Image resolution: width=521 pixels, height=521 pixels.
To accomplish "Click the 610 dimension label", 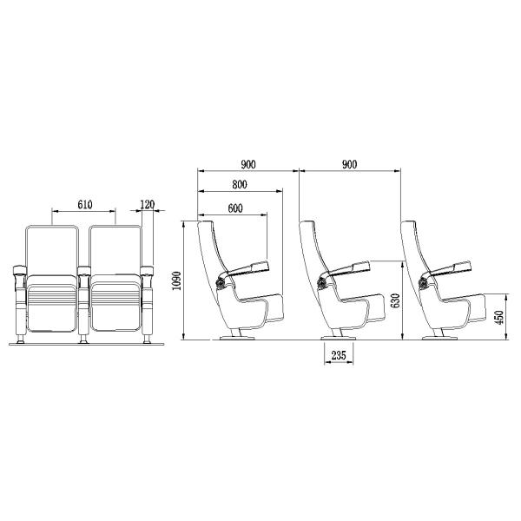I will click(84, 205).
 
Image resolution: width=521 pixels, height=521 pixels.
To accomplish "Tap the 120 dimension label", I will click(147, 205).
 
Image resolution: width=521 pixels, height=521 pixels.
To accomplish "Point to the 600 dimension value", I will click(234, 208).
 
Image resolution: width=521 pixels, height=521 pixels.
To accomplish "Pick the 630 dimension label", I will click(395, 300).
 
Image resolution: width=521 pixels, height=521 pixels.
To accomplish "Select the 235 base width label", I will click(340, 354).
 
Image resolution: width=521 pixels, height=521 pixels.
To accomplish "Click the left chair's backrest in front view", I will click(54, 249).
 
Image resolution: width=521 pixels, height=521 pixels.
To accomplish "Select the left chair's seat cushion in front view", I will click(54, 304).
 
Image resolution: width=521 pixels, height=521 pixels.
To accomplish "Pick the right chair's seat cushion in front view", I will click(114, 304).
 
